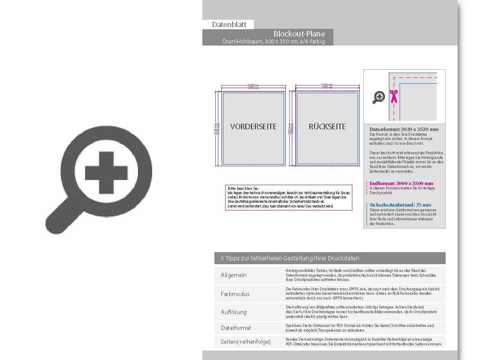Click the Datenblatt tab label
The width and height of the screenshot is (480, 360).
(229, 24)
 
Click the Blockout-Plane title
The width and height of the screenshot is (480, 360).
(299, 34)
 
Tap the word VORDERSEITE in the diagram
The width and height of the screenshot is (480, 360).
(253, 127)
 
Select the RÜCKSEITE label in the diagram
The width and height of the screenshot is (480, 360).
(327, 127)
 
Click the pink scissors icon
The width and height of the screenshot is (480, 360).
(393, 97)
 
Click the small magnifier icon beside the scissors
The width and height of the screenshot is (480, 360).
(379, 98)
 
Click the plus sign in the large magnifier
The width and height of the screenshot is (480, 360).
(113, 173)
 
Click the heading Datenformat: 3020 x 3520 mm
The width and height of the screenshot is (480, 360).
(404, 129)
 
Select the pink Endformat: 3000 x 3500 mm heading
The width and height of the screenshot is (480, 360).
(401, 183)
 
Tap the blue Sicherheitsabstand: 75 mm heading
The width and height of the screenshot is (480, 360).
(400, 205)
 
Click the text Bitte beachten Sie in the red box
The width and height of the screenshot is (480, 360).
(243, 189)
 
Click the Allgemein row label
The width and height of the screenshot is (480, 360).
(234, 275)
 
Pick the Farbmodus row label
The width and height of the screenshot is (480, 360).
(235, 294)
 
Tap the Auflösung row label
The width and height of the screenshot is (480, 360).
(234, 312)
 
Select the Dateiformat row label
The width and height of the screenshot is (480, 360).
(236, 328)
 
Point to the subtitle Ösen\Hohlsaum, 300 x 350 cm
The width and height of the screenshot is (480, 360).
(273, 42)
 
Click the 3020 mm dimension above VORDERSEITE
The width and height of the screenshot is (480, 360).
(253, 85)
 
